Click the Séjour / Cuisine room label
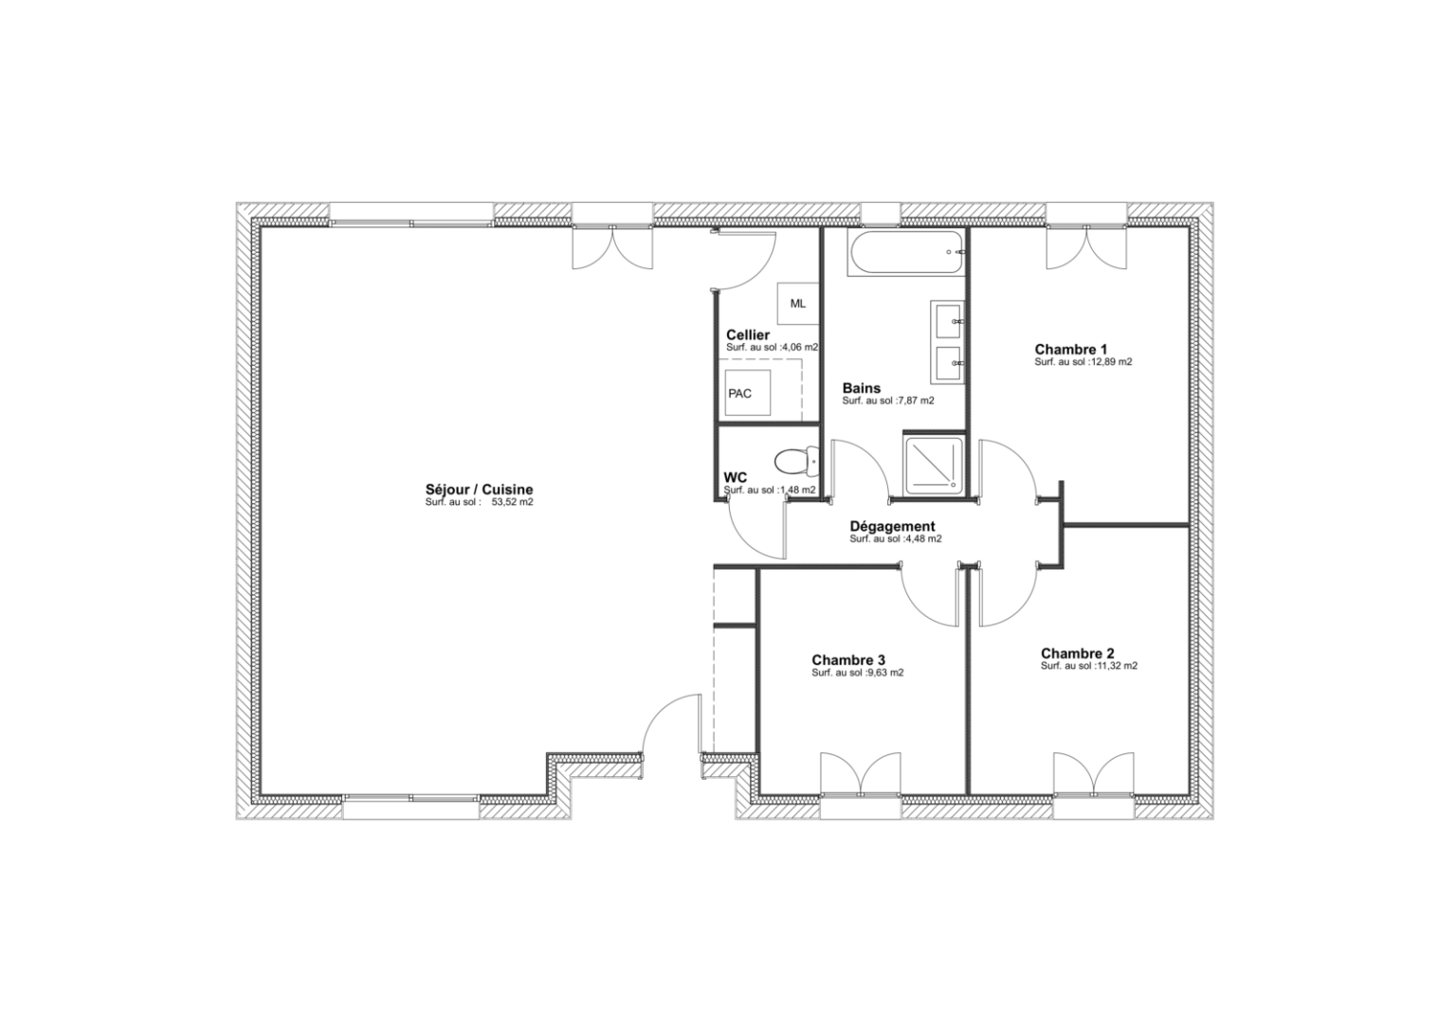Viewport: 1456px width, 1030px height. pos(479,490)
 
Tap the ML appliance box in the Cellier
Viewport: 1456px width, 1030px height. pos(797,303)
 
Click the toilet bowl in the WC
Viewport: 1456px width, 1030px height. pos(795,462)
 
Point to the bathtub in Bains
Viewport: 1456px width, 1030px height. pos(906,253)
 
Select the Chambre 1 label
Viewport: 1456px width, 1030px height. pos(1070,349)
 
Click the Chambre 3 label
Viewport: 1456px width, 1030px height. pos(847,660)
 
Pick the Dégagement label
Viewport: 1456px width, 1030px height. pos(892,527)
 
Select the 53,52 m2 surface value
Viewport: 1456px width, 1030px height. pos(512,503)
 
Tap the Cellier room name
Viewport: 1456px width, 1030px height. pos(747,335)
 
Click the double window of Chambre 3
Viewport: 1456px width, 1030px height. pos(859,775)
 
